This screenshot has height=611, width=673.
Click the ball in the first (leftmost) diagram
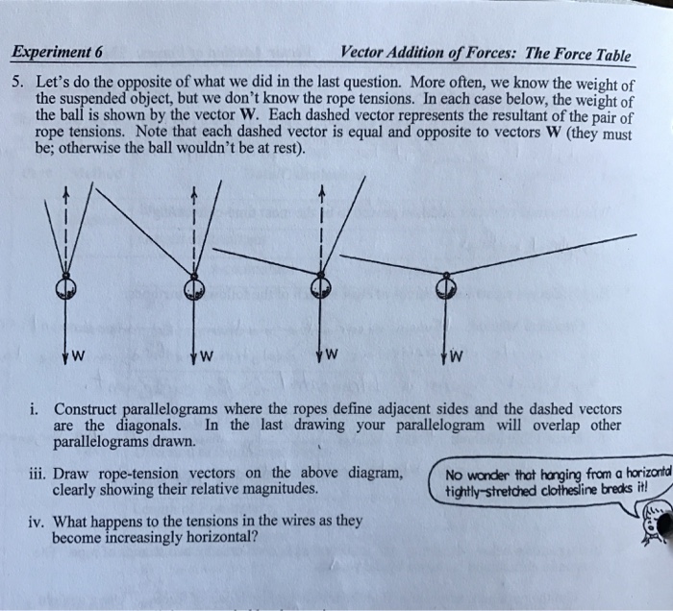64,287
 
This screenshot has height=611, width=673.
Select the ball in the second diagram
193,286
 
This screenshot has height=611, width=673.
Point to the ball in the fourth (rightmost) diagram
446,286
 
